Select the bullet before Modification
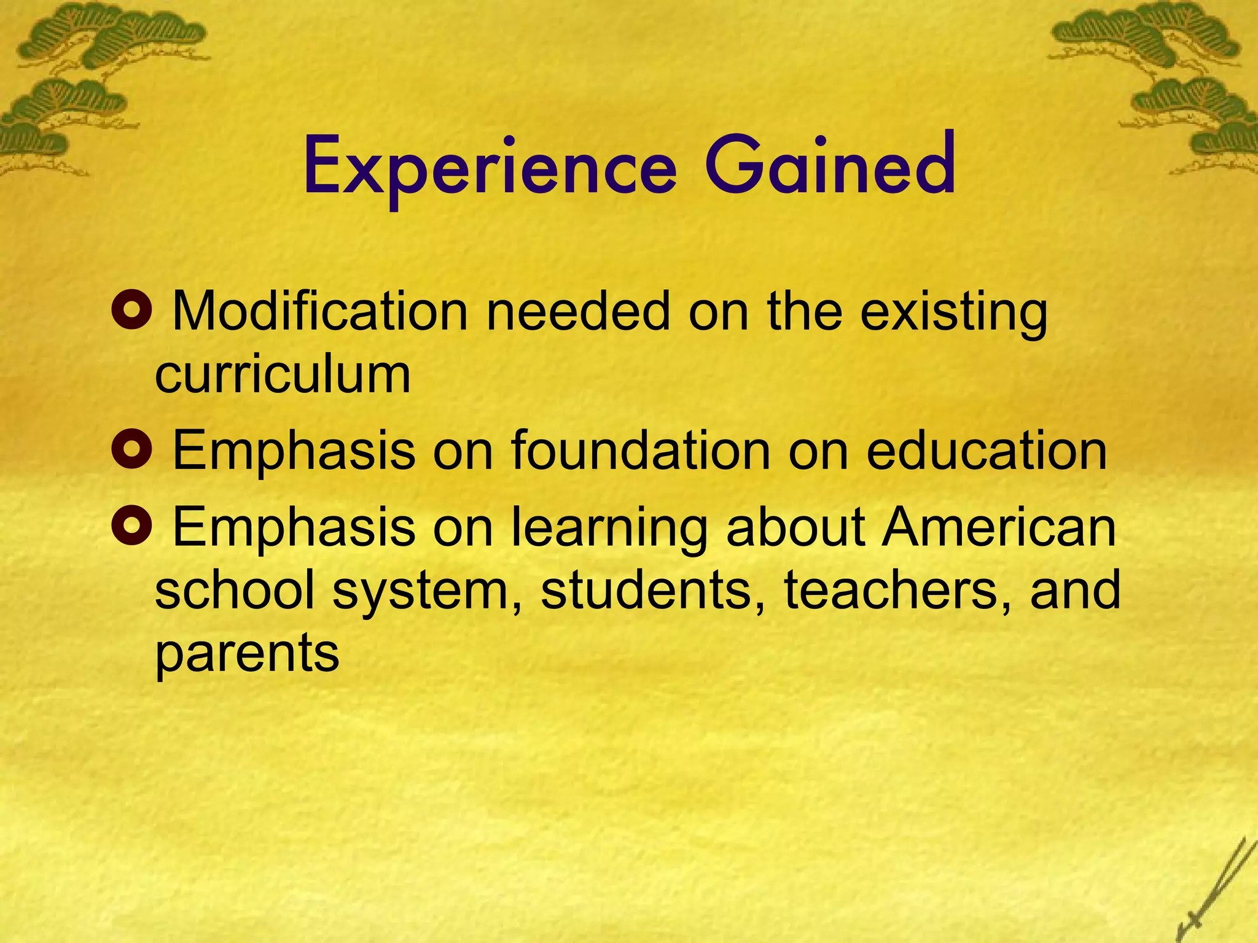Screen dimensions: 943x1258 [131, 311]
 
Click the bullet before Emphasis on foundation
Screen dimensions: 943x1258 [131, 450]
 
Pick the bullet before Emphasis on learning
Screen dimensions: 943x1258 [131, 526]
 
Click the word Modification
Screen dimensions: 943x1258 [320, 311]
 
